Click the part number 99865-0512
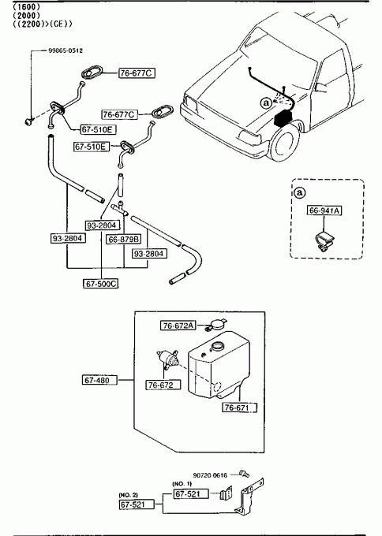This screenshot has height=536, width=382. point(66,50)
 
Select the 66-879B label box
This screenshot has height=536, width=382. point(124,240)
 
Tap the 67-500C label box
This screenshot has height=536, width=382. point(101,284)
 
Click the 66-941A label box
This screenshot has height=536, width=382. point(324,210)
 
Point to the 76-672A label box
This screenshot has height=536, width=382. point(178,326)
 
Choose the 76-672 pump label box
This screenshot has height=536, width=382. point(160,385)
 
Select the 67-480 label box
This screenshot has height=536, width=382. point(99,380)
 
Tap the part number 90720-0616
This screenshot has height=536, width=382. point(210,475)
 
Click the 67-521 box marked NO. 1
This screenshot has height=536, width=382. point(191,493)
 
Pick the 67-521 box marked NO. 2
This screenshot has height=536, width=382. point(137,504)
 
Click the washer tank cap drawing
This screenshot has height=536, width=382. point(216,325)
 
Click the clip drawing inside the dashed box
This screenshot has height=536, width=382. point(324,242)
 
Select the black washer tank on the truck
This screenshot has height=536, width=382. point(283,118)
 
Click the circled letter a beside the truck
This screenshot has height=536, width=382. point(266,102)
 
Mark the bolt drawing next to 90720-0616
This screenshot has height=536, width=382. point(245,474)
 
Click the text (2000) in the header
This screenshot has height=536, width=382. point(26,16)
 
